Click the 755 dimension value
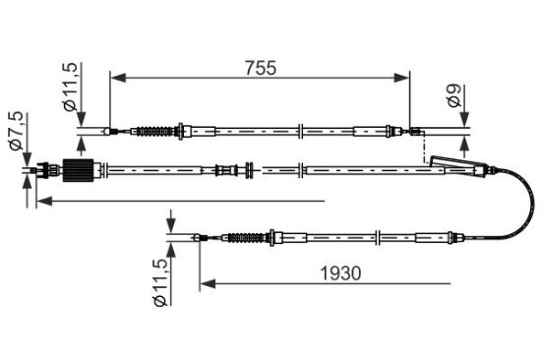click(x=261, y=68)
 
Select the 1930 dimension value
click(x=341, y=273)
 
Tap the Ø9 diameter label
click(x=453, y=95)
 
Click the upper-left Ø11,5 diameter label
click(x=71, y=87)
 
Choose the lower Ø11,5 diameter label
click(x=160, y=282)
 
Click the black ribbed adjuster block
click(x=79, y=170)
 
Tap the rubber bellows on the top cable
click(x=154, y=131)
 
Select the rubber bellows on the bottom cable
click(x=246, y=237)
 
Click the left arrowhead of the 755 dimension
click(x=118, y=78)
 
